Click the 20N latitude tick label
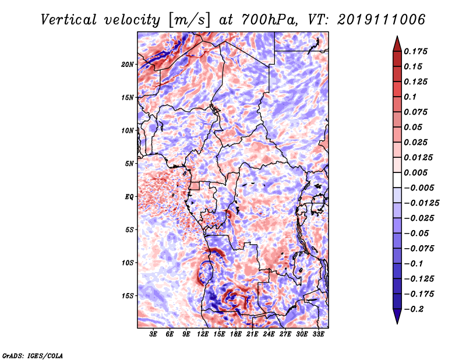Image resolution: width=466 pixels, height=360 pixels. pos(128,64)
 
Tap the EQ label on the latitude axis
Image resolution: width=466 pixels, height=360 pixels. pos(129,196)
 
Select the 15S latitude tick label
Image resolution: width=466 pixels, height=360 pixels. pos(128,295)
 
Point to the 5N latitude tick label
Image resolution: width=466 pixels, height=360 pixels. pos(129,163)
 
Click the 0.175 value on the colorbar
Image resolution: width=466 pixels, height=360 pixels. pos(417,51)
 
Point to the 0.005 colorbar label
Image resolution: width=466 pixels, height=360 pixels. pos(417,172)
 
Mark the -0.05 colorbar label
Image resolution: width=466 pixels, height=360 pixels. pos(417,233)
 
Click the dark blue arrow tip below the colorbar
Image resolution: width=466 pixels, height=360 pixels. pos(397,319)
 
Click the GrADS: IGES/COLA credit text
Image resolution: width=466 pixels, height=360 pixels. pos(33,355)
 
